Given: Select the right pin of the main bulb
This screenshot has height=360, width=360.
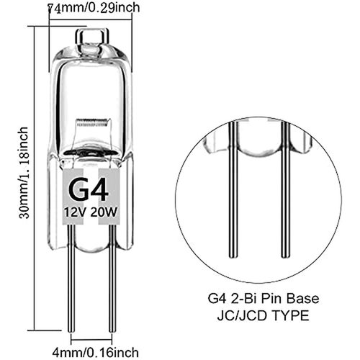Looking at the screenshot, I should pos(112,288).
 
